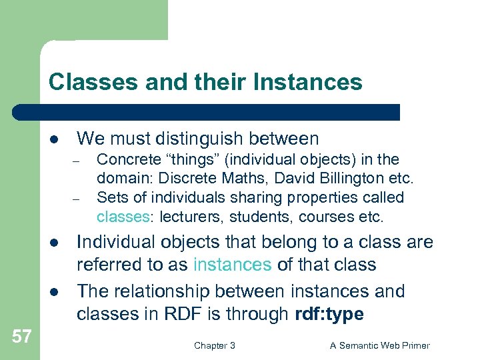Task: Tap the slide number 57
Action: click(x=21, y=336)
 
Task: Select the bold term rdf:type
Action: click(x=329, y=314)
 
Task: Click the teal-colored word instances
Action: click(x=232, y=265)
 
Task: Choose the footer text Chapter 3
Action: click(x=214, y=345)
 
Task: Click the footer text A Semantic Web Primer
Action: click(x=380, y=345)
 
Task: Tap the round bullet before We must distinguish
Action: click(x=53, y=139)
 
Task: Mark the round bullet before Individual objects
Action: click(x=53, y=243)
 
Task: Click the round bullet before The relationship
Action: click(x=53, y=292)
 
